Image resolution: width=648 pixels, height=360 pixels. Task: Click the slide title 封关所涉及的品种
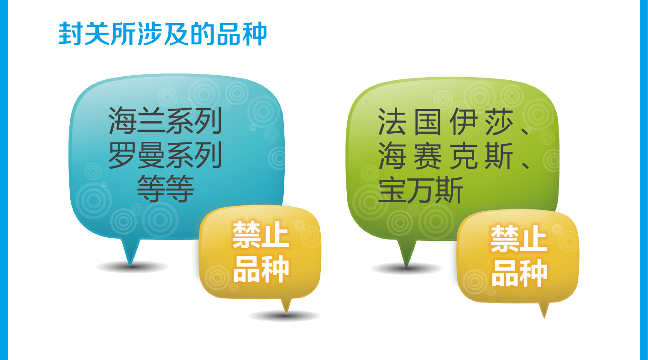coord(162,34)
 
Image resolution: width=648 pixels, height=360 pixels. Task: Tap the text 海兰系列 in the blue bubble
coord(165,120)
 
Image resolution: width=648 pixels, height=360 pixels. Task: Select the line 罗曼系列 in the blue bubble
coord(165,155)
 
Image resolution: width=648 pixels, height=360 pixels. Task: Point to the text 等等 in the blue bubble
coord(165,188)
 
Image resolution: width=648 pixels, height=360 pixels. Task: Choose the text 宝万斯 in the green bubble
coord(421,190)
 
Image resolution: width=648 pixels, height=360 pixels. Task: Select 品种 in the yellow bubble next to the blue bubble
coord(261,269)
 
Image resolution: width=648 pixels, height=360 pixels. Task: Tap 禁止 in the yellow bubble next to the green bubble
coord(519,239)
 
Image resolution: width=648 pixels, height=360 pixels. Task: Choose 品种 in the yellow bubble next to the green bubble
coord(519,273)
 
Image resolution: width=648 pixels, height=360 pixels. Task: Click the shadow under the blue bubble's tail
coord(132,266)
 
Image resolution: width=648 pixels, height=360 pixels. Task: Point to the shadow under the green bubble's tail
coord(407,268)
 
